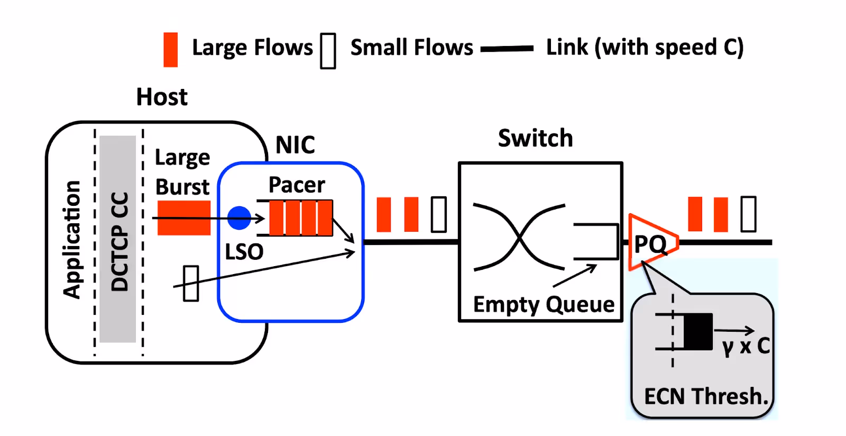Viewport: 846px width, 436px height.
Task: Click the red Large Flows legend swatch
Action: click(170, 50)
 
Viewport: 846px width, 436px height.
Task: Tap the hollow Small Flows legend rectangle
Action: click(328, 51)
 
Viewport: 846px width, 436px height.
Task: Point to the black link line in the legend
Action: click(507, 49)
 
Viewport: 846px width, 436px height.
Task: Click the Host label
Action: click(162, 97)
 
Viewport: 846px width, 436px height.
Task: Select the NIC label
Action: click(295, 145)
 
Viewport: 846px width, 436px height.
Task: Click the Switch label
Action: click(535, 138)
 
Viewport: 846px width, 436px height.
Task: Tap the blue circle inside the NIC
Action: click(239, 217)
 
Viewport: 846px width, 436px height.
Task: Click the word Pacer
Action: click(297, 185)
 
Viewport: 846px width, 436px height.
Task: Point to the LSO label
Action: click(244, 252)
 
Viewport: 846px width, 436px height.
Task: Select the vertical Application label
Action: click(72, 239)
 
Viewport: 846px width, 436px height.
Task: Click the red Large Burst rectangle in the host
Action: click(184, 217)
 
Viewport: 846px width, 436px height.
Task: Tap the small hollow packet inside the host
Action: click(191, 284)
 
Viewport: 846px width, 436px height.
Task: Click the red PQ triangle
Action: click(650, 243)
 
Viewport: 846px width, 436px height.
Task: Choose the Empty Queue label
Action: click(544, 304)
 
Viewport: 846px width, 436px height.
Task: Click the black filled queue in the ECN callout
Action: click(698, 332)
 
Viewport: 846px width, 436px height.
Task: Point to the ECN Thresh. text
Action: click(706, 396)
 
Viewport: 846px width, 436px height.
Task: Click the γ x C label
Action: click(746, 346)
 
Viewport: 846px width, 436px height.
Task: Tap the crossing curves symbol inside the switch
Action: click(519, 237)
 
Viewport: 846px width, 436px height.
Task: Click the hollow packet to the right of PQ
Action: click(748, 214)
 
